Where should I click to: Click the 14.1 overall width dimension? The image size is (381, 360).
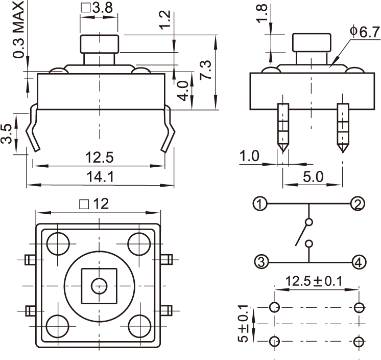[x=100, y=176]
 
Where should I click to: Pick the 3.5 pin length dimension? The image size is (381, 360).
[x=7, y=134]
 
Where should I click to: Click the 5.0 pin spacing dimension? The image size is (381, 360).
[x=313, y=176]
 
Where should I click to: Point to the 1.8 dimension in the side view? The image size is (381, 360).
[x=262, y=14]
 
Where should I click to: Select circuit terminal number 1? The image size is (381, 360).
[x=260, y=204]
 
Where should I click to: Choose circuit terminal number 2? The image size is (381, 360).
[x=358, y=204]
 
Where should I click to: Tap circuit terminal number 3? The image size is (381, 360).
[x=260, y=262]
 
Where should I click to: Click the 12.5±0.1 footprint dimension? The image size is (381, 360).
[x=314, y=281]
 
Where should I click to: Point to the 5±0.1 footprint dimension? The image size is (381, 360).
[x=244, y=324]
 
